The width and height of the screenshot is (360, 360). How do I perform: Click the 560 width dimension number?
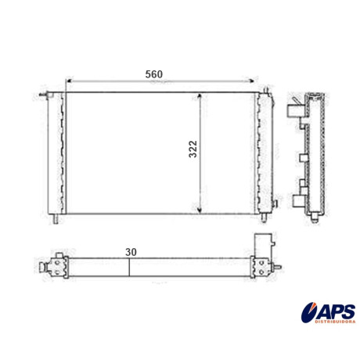(x=154, y=74)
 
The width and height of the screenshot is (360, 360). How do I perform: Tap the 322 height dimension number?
(x=193, y=149)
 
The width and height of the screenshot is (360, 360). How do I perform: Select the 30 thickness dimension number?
(x=131, y=252)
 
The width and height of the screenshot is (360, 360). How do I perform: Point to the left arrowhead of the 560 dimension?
(x=69, y=81)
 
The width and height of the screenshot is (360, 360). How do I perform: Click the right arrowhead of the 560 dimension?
(x=251, y=81)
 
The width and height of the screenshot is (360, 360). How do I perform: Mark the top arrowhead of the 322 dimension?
(x=200, y=96)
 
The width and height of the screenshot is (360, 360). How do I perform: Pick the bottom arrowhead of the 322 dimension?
(x=200, y=210)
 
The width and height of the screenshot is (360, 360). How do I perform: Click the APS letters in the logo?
(x=336, y=311)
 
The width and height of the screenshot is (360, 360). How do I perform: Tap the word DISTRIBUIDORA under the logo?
(x=335, y=322)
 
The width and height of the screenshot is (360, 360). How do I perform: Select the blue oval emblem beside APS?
(x=309, y=312)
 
